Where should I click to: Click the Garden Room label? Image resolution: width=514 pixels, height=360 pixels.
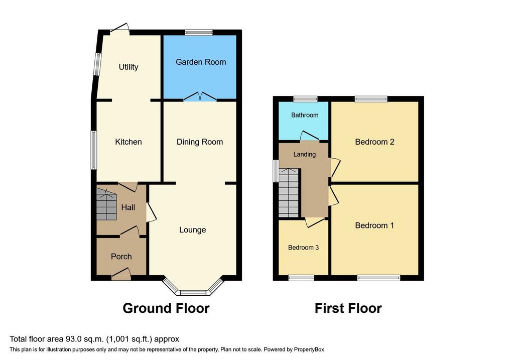tap(201, 62)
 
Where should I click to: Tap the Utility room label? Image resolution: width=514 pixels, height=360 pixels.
tap(128, 67)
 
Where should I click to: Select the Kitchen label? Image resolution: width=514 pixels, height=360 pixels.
tap(128, 142)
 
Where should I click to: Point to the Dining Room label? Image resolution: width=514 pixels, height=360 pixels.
tap(200, 142)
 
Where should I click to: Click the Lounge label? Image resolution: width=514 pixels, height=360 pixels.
tap(192, 230)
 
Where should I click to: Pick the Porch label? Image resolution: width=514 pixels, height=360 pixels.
tap(121, 257)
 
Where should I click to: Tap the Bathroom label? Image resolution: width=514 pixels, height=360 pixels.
tap(305, 115)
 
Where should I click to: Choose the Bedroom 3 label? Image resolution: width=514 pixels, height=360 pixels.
tap(303, 248)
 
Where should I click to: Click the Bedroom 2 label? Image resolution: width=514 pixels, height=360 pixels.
tap(374, 142)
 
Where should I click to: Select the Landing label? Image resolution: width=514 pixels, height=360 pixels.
tap(305, 155)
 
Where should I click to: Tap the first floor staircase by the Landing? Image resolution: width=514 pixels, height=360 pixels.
tap(289, 192)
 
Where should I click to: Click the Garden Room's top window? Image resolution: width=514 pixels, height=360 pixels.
tap(199, 32)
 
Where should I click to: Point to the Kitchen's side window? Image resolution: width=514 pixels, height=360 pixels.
tap(94, 150)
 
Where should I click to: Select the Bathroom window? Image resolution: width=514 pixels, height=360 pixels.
tap(305, 99)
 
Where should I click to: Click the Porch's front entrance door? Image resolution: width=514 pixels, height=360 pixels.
tap(121, 275)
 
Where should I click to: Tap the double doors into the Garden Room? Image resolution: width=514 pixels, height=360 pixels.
tap(200, 96)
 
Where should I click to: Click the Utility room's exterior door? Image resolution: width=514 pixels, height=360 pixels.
tap(119, 28)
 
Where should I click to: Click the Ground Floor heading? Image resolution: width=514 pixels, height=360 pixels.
tap(166, 308)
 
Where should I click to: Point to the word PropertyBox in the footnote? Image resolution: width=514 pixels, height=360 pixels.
tap(309, 349)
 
